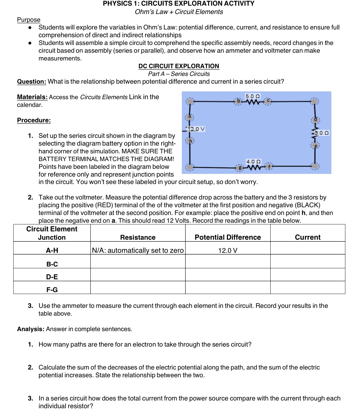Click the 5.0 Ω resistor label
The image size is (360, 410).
coord(252,96)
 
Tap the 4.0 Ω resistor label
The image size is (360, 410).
coord(253,162)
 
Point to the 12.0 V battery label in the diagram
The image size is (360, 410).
coord(196,129)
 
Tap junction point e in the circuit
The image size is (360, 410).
coord(315,146)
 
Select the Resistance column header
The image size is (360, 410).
coord(138,237)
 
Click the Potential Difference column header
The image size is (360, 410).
coord(228,237)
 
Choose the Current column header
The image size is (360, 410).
coord(308,237)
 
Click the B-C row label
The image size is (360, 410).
coord(52,264)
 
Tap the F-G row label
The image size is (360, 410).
coord(52,290)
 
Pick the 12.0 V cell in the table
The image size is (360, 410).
coord(228,250)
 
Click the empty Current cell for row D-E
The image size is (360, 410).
coord(308,275)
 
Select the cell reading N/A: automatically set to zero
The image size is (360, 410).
coord(138,250)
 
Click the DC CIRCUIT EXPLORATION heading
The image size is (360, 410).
coord(179,66)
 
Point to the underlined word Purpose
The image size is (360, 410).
coord(29,20)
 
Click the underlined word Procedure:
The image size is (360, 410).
coord(34,120)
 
